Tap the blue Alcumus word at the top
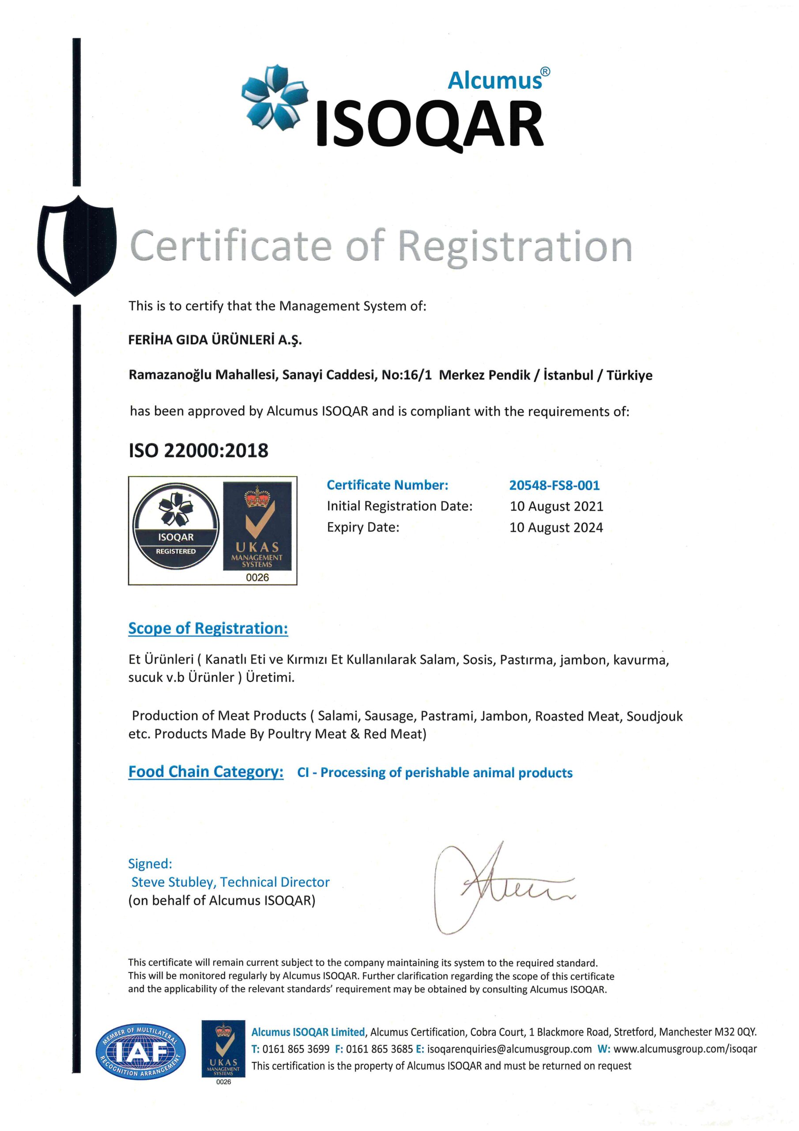495,80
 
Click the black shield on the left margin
77,245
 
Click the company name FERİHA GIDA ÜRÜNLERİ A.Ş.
215,340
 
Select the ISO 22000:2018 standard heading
198,450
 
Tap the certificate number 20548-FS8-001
554,485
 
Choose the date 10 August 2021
556,506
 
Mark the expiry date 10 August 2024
556,528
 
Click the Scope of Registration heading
208,629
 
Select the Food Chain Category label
206,771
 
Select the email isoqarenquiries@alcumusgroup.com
509,1049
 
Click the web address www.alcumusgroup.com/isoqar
685,1049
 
